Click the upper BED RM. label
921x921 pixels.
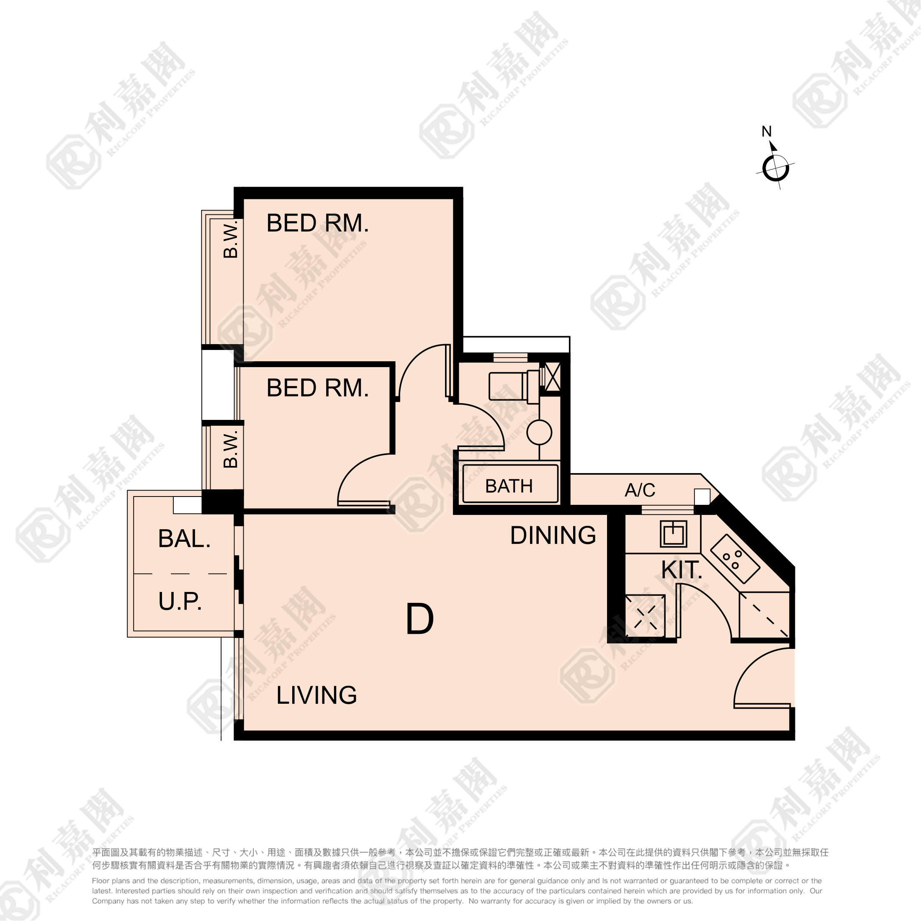[x=317, y=223]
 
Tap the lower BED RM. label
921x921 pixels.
[x=317, y=388]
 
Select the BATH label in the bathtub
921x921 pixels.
[x=509, y=486]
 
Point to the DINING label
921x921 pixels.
[x=553, y=535]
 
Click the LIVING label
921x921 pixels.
[x=316, y=695]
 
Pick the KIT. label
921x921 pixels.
[x=682, y=570]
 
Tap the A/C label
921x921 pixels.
[x=640, y=490]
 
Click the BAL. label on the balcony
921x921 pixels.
[x=184, y=539]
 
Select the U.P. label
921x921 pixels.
[x=180, y=601]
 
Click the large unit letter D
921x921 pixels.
[x=419, y=619]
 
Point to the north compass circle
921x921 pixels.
[x=775, y=168]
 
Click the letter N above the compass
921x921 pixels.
[x=767, y=131]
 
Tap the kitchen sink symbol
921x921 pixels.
[x=674, y=533]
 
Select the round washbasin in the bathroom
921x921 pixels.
[x=539, y=433]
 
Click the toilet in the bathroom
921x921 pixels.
[x=514, y=386]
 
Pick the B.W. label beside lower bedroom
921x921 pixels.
[x=231, y=449]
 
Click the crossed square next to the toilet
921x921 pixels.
[x=552, y=377]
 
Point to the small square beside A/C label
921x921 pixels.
[x=702, y=497]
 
